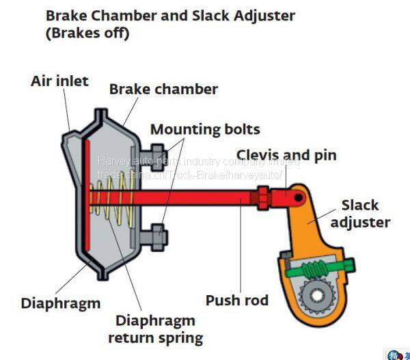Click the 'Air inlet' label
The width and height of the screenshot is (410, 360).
(x=59, y=81)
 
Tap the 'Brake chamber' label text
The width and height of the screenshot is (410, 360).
(x=163, y=89)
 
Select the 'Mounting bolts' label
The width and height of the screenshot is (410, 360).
(x=205, y=129)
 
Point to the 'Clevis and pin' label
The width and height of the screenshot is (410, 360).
(x=286, y=155)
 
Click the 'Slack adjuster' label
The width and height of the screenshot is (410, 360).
(x=360, y=214)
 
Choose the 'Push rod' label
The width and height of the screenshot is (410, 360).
(x=237, y=300)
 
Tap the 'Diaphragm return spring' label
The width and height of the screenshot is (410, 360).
(x=156, y=329)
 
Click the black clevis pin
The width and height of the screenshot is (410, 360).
(x=299, y=197)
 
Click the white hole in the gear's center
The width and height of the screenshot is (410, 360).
(x=317, y=295)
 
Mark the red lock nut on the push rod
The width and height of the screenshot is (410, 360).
(x=263, y=198)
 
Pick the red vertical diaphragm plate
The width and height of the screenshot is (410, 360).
(x=87, y=195)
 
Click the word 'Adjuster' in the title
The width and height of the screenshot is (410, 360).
(x=264, y=16)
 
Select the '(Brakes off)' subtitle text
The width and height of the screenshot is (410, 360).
(x=87, y=33)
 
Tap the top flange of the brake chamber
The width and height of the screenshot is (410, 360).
(x=101, y=115)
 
